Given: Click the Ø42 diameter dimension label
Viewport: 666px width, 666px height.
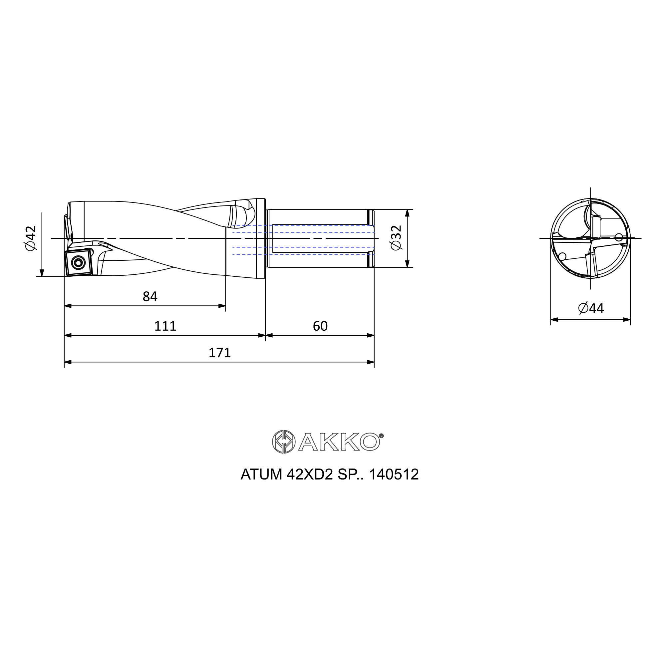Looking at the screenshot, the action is (x=31, y=238).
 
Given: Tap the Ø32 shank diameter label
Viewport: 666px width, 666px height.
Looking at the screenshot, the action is (x=396, y=238).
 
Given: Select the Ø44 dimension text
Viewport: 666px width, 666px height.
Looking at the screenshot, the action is (x=591, y=308).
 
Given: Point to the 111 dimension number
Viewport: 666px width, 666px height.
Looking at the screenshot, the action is (x=165, y=326).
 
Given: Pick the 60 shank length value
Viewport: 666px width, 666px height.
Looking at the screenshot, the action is (x=320, y=326).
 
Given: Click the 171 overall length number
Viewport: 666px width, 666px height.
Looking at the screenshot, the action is (x=219, y=353).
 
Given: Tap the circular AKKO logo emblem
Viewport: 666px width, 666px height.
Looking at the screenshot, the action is (x=284, y=442).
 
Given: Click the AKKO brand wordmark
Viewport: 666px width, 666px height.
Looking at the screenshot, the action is (x=339, y=442).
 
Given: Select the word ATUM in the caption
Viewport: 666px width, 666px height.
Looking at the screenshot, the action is (x=261, y=474).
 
